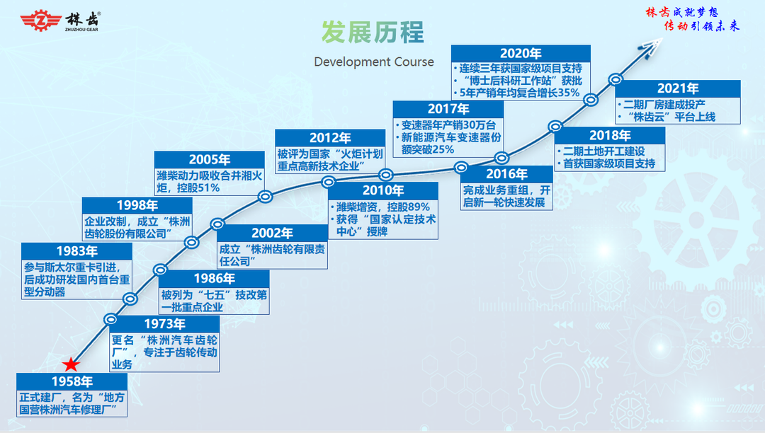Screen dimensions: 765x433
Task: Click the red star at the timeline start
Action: click(72, 364)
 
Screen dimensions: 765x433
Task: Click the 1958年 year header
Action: click(72, 381)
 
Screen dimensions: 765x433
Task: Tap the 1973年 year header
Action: click(164, 324)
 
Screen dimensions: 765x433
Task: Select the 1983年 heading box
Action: click(76, 251)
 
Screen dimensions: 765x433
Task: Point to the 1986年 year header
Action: click(214, 279)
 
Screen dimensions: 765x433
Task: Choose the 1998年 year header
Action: click(137, 206)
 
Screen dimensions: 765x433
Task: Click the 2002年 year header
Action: click(272, 233)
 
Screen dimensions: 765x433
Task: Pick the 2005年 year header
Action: click(209, 160)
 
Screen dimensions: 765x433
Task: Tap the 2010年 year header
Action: click(383, 190)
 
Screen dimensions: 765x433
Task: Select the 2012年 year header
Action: click(330, 138)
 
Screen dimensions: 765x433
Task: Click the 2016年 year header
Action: click(506, 174)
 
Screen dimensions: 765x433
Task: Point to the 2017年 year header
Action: click(448, 109)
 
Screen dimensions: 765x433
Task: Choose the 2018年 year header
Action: click(609, 135)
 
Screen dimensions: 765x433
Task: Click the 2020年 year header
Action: click(521, 54)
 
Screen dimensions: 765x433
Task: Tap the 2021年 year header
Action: click(678, 88)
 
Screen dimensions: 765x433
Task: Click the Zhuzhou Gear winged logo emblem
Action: click(41, 21)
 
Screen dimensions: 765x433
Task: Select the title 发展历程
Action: click(373, 32)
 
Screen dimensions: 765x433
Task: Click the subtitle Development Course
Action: click(374, 62)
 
